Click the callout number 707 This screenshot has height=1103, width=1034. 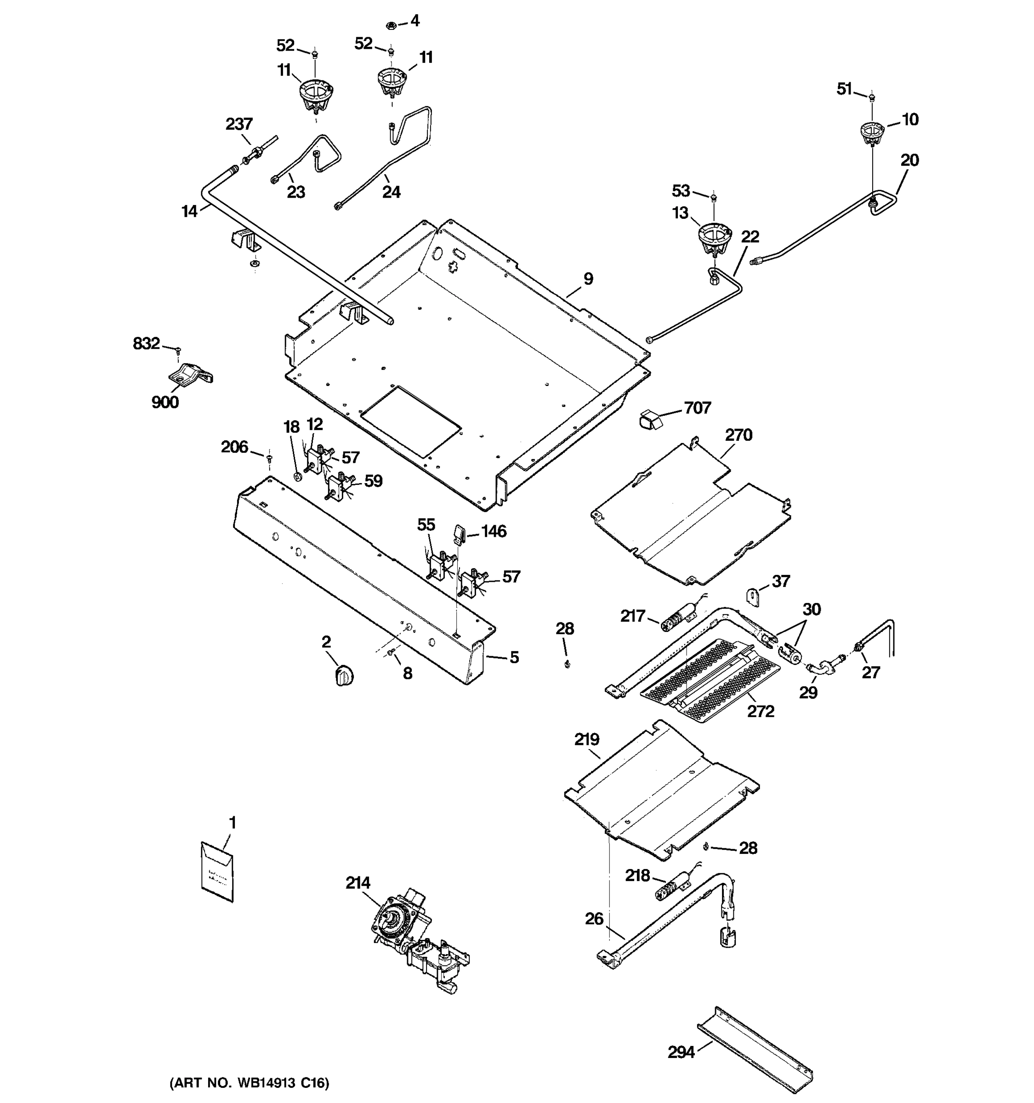(x=697, y=408)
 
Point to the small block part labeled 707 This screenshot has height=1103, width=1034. (x=651, y=420)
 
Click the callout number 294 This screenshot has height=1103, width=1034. (x=681, y=1052)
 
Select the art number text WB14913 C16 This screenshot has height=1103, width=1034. (x=249, y=1082)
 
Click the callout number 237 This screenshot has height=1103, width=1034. (x=239, y=124)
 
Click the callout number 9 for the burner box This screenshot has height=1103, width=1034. (x=588, y=279)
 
